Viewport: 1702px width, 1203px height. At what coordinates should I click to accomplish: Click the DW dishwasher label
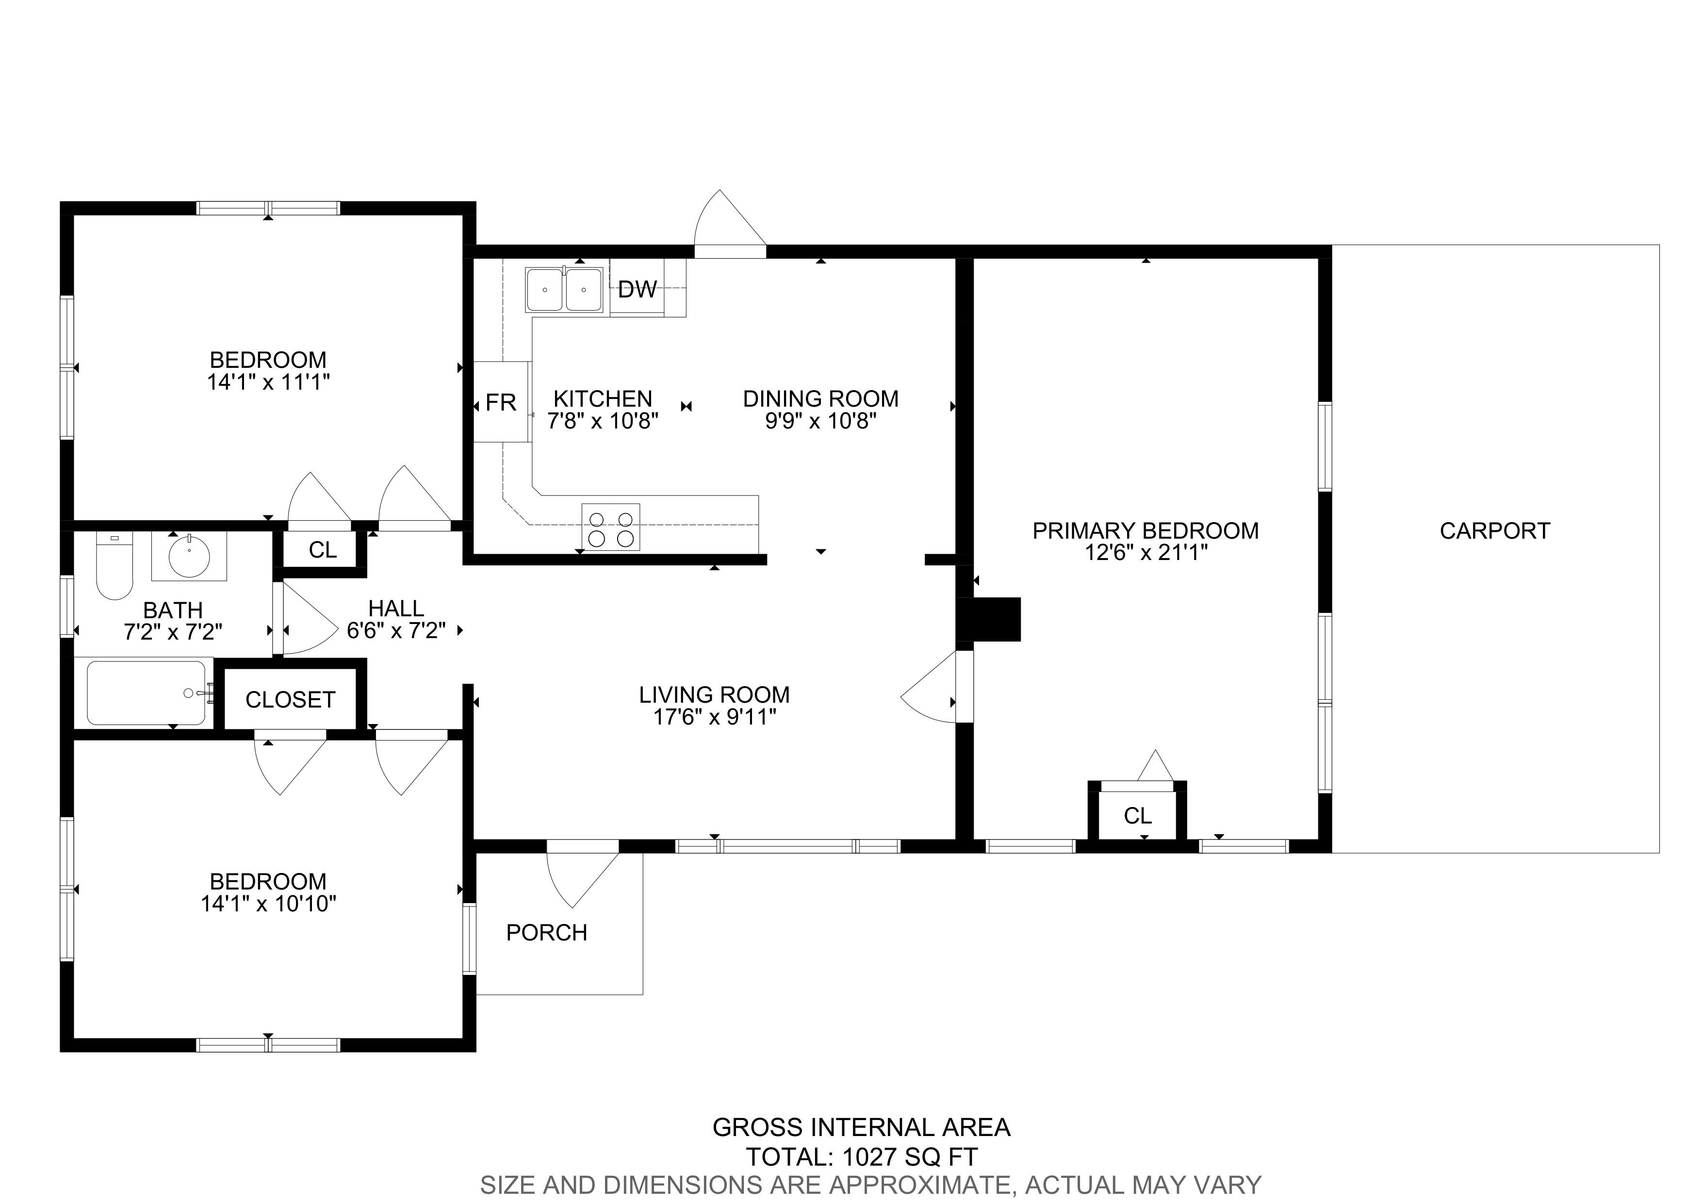[638, 289]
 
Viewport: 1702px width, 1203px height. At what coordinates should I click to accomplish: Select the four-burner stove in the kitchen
[611, 527]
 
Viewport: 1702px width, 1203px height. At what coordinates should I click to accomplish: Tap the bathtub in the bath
[147, 692]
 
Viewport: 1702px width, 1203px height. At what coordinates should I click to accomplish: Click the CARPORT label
[1494, 531]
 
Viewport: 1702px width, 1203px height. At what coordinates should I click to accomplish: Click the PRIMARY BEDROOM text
[1146, 531]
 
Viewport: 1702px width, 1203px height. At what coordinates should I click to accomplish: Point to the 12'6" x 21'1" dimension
[1146, 553]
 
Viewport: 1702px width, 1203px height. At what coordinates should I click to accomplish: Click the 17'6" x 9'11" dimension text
[715, 717]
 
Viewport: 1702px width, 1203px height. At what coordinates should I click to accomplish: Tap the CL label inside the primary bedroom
[1138, 816]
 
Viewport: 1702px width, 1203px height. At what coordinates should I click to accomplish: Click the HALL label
[396, 609]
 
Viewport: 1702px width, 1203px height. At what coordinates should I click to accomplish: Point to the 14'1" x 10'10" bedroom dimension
[268, 904]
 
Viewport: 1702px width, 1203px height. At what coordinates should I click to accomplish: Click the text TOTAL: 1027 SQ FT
[861, 1156]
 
